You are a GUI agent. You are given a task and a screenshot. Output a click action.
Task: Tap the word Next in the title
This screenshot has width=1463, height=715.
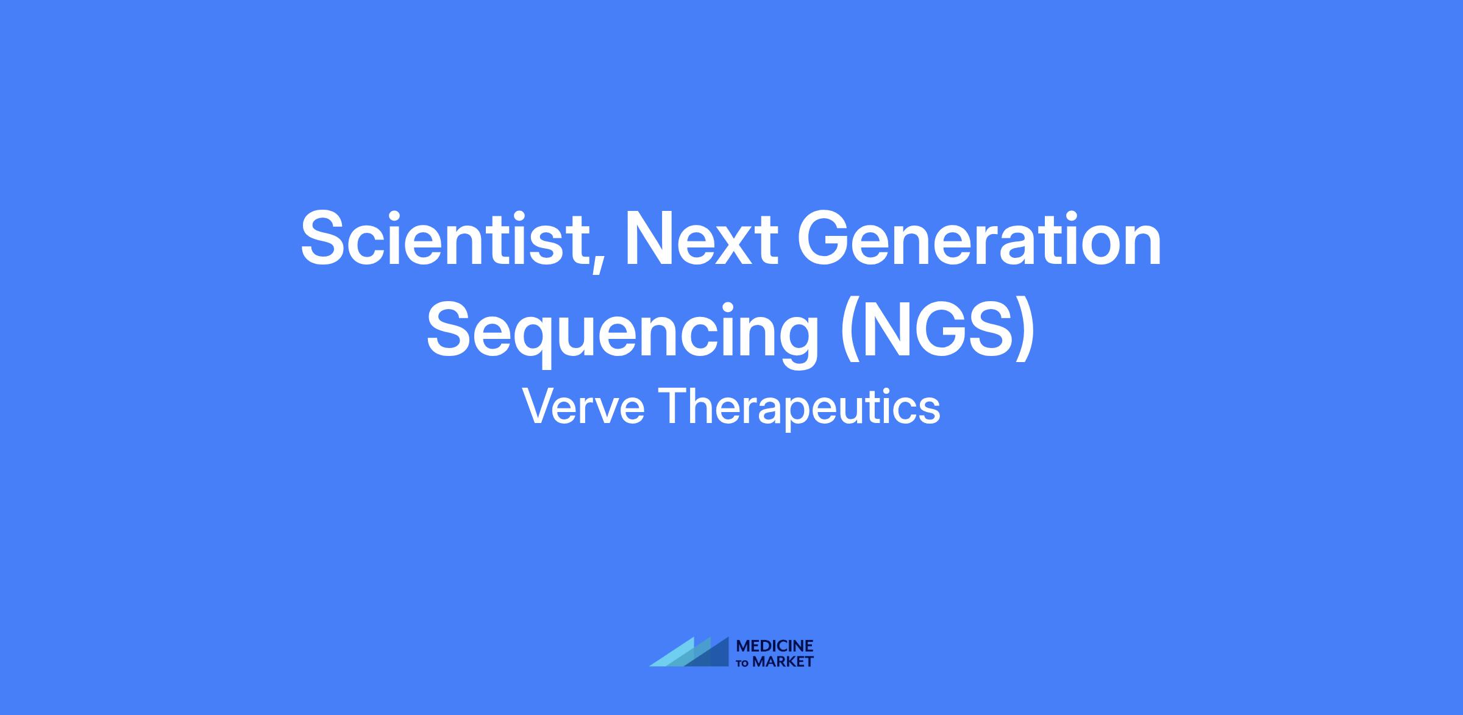click(x=700, y=238)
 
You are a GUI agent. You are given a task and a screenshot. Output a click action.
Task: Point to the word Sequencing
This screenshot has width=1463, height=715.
click(x=622, y=333)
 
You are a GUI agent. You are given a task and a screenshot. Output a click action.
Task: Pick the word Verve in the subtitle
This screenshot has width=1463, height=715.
click(x=583, y=407)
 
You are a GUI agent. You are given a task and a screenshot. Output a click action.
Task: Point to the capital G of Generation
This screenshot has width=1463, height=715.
click(x=824, y=238)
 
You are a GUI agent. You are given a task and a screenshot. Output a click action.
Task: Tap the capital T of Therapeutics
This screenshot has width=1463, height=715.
click(x=674, y=407)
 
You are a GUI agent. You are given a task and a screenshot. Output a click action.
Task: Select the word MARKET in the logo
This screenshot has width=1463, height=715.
click(x=783, y=661)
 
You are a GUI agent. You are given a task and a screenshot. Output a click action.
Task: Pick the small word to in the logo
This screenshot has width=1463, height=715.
click(x=744, y=663)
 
